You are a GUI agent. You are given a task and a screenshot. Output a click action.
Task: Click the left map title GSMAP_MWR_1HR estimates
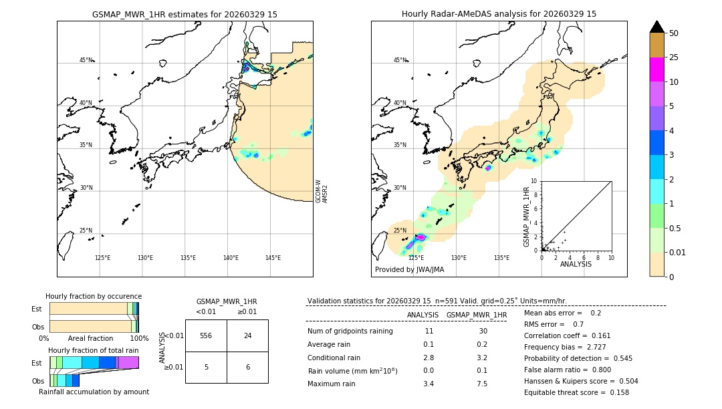185,14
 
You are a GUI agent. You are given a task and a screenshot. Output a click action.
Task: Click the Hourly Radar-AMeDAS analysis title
499,14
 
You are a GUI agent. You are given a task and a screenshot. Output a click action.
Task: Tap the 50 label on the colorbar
674,33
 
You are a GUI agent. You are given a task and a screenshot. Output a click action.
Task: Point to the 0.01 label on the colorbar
678,252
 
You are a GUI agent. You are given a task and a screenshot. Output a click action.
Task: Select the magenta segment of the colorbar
656,70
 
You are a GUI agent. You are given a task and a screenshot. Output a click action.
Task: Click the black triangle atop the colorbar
656,27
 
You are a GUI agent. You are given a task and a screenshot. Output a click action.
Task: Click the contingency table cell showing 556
206,335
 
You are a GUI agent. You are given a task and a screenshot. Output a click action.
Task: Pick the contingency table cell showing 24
247,335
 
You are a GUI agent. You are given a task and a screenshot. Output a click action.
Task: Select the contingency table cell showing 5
206,367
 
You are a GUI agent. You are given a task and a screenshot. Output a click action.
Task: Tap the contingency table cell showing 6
247,367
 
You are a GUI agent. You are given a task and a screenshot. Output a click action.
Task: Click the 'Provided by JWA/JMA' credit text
409,270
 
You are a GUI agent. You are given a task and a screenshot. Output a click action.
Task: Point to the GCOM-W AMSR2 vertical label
322,190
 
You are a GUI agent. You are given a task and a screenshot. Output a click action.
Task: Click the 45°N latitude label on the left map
86,60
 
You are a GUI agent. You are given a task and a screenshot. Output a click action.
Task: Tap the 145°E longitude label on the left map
273,258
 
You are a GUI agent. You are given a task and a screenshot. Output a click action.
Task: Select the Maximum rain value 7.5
481,384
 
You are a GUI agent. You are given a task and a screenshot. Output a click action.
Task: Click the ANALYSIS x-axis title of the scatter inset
575,264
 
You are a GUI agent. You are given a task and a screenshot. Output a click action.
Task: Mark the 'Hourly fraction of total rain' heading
93,350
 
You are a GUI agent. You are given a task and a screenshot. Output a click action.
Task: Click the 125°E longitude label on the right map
416,258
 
